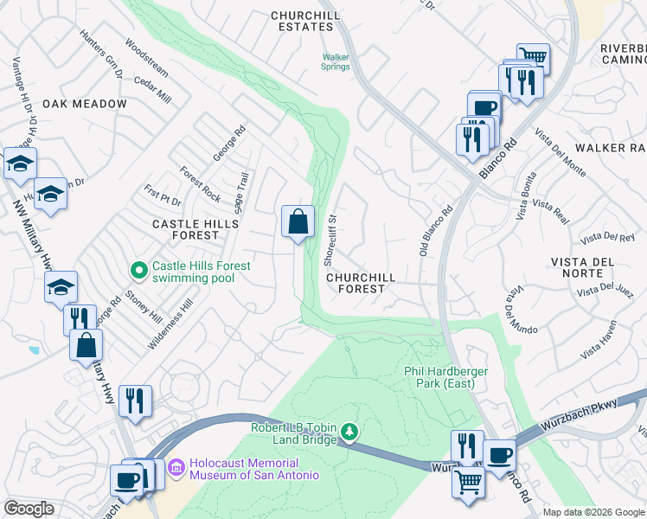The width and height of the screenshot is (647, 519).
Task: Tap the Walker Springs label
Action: [336, 61]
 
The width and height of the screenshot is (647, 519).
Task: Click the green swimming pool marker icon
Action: [138, 272]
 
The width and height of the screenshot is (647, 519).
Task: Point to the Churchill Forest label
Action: [361, 284]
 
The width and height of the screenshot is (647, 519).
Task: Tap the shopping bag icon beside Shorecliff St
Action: [298, 221]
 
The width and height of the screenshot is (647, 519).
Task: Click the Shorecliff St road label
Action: [330, 240]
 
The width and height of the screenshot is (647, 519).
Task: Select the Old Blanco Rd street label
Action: [437, 230]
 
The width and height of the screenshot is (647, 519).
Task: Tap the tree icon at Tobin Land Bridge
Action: [349, 431]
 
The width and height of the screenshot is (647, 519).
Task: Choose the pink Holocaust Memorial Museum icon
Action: [177, 468]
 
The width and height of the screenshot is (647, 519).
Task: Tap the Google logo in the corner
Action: [29, 509]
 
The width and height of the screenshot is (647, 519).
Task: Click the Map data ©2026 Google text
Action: [593, 512]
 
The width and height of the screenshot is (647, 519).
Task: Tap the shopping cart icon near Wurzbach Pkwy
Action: [468, 482]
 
